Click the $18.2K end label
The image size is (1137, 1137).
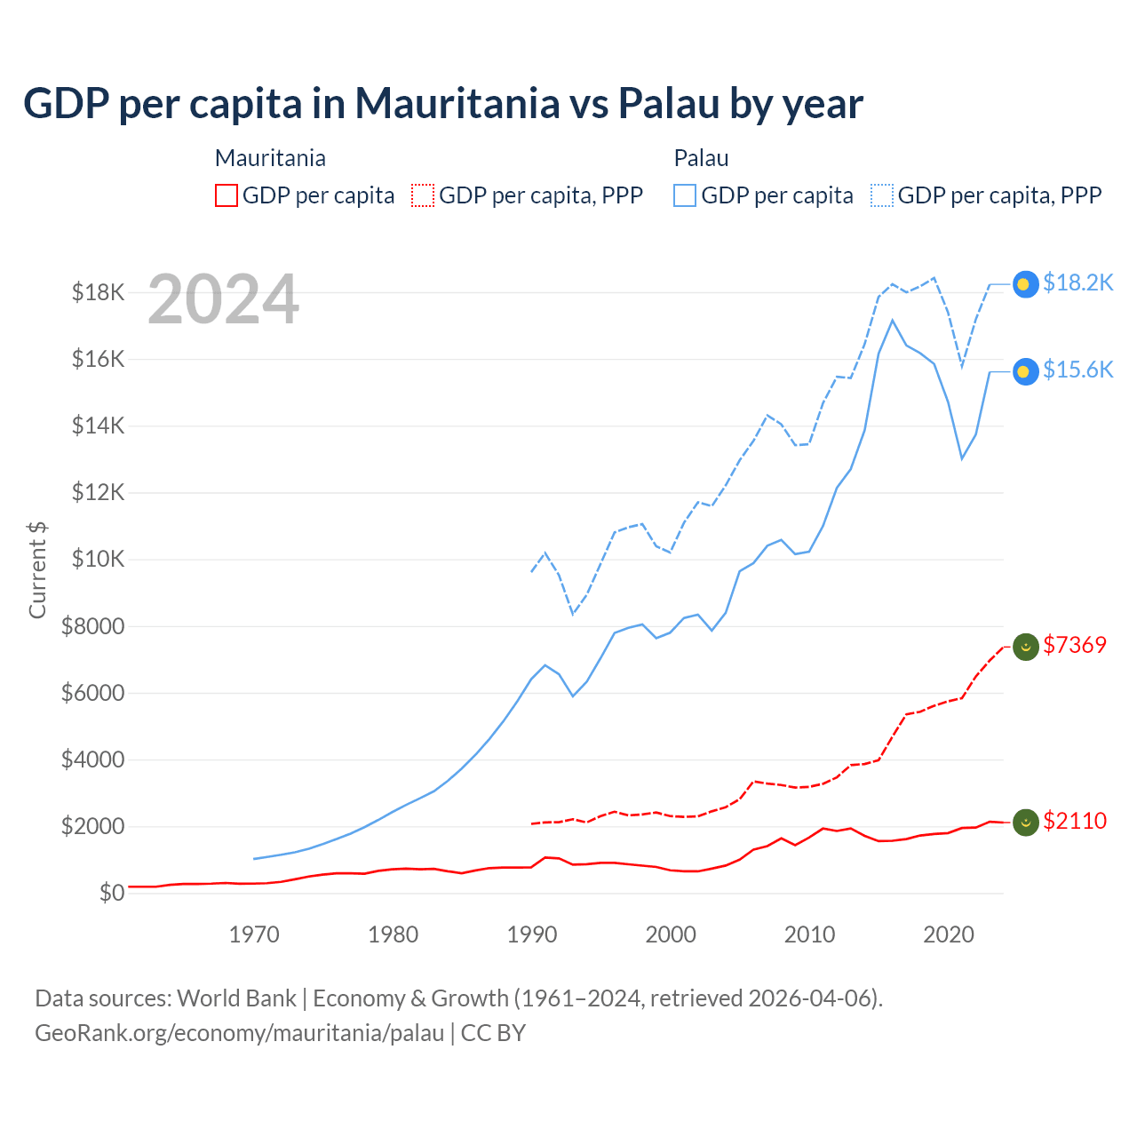coord(1077,282)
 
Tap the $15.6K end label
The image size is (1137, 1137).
coord(1077,370)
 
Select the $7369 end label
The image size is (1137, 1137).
coord(1075,645)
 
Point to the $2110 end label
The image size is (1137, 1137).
coord(1075,821)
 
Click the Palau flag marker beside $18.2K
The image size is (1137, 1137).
coord(1026,284)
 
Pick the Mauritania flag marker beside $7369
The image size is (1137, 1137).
coord(1026,648)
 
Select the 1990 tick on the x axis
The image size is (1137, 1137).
coord(532,934)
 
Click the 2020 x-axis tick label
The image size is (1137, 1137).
coord(949,934)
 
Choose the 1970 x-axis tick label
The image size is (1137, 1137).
coord(254,934)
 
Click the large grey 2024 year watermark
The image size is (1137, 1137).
coord(223,300)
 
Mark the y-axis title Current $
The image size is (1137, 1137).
coord(37,569)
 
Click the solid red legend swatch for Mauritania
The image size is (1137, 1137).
coord(227,195)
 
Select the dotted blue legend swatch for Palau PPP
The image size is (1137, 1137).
coord(882,195)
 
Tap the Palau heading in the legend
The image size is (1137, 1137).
coord(701,158)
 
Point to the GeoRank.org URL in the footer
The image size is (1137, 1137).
coord(239,1033)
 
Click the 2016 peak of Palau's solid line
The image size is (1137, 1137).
coord(893,320)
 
